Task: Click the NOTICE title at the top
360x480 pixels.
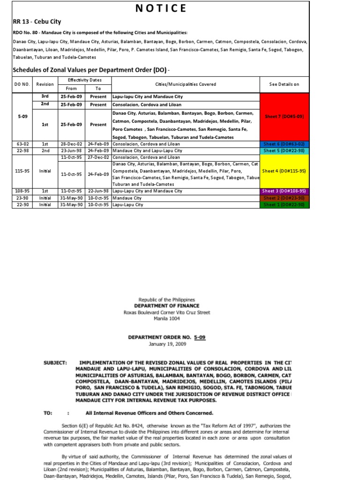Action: pos(161,8)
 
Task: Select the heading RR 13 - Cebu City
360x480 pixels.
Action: pos(37,22)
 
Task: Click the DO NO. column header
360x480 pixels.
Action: pos(22,84)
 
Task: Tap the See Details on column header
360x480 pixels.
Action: pos(284,84)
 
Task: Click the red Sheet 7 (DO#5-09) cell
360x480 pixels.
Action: pos(285,116)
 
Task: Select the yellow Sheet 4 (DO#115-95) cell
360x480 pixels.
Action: pos(285,171)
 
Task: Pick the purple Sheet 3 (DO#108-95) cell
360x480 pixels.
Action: pos(285,191)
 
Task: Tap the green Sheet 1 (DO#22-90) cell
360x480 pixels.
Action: pos(285,205)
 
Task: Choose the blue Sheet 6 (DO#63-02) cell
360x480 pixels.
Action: pos(285,144)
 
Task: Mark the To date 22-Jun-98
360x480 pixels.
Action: pos(98,191)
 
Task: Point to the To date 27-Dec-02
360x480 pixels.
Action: pos(98,157)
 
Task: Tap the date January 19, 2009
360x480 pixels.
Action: pos(167,344)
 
